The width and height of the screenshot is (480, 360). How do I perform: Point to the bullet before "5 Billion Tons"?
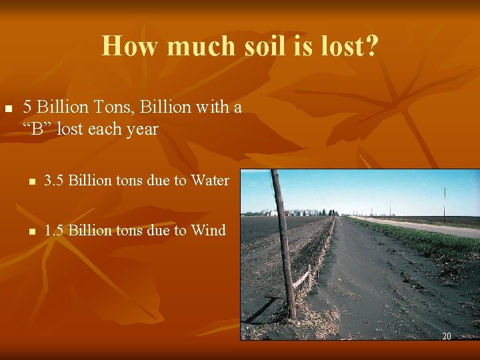click(x=9, y=108)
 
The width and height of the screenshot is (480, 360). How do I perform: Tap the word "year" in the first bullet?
click(x=141, y=129)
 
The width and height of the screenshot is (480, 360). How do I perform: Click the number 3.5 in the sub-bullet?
click(x=54, y=180)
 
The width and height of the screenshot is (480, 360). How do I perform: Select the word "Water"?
click(x=209, y=180)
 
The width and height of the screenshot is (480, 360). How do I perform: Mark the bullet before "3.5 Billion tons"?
click(x=31, y=181)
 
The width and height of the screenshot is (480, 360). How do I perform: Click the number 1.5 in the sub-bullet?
click(x=54, y=231)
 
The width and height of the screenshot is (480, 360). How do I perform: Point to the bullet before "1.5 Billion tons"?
click(x=31, y=232)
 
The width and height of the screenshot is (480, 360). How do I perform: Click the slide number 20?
click(x=447, y=336)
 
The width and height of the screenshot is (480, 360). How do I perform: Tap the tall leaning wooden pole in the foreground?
click(x=283, y=247)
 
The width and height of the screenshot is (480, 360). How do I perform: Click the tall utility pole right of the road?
click(x=445, y=203)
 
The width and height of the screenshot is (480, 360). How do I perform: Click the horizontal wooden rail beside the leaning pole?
click(x=302, y=277)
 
